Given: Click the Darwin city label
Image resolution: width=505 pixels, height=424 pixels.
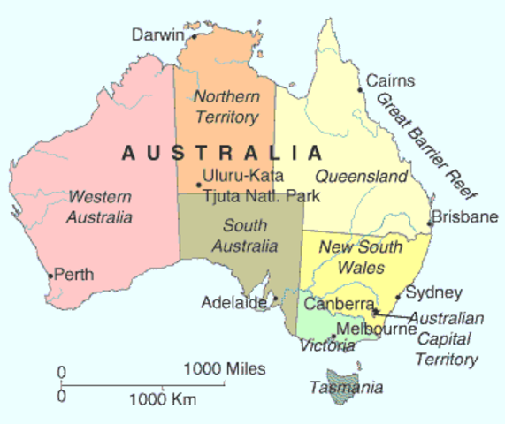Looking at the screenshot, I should [157, 34].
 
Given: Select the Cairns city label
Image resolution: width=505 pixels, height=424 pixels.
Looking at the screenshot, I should [390, 81].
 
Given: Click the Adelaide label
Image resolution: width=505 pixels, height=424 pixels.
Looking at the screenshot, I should [233, 302].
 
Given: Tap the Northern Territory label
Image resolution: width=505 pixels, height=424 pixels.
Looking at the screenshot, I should [226, 106].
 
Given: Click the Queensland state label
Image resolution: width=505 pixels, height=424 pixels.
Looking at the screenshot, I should [361, 177].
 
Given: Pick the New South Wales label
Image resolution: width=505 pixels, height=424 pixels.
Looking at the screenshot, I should [362, 255].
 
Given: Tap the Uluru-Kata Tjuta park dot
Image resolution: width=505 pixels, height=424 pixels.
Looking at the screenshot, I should [198, 185].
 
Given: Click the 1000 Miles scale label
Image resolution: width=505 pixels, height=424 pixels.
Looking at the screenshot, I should [225, 367].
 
